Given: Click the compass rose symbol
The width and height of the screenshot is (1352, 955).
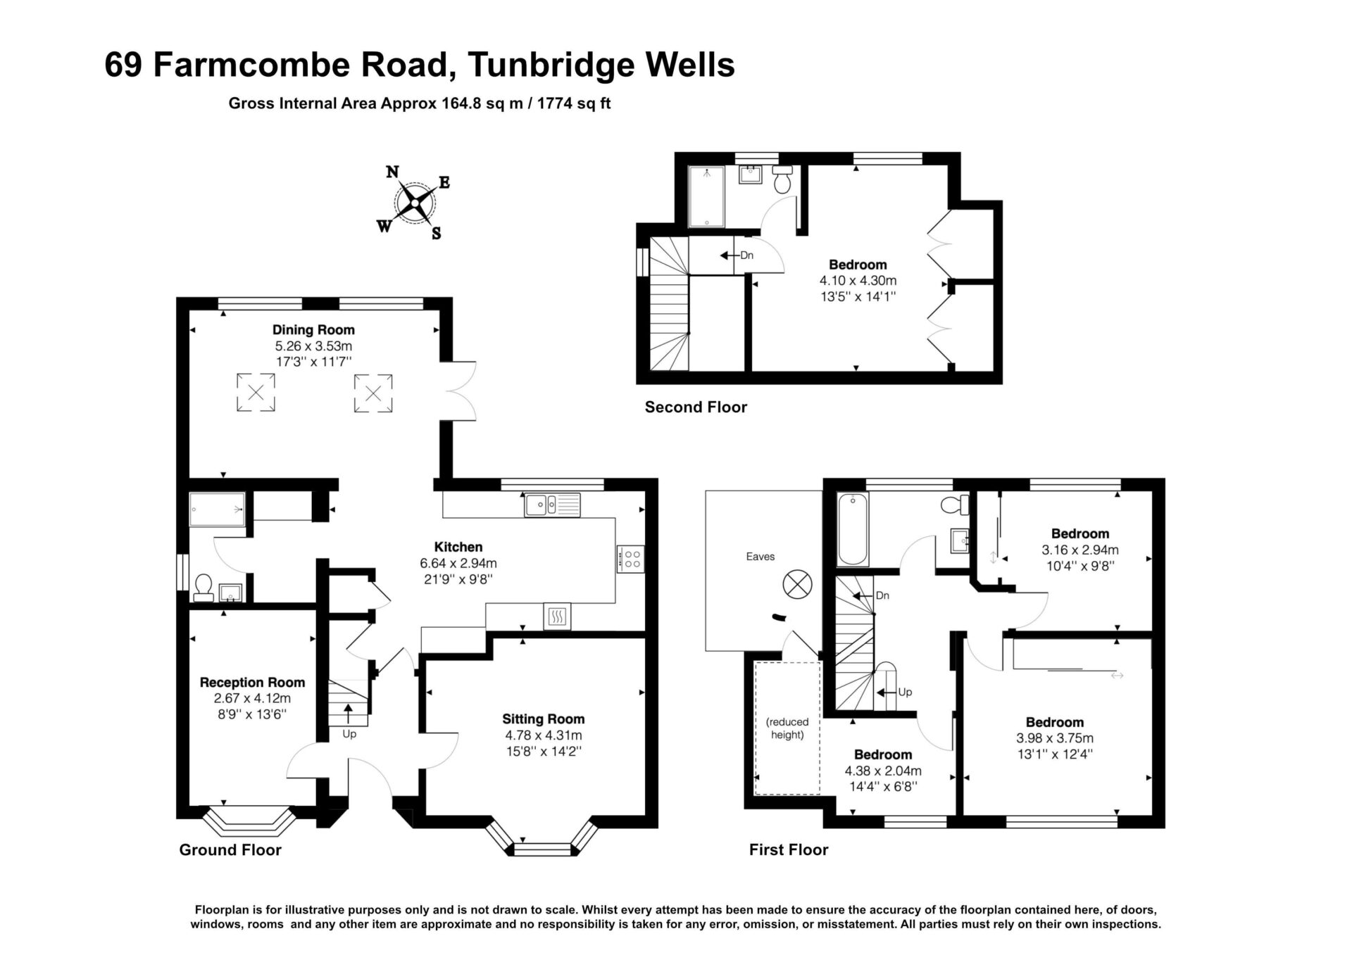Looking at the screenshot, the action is (415, 203).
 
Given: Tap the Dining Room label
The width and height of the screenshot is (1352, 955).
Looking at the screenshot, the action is (313, 329).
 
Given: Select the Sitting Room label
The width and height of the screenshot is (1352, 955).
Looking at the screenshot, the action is (543, 719).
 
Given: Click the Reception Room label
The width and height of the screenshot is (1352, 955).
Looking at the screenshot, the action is (252, 682).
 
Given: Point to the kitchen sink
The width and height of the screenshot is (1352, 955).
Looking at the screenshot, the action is (552, 505).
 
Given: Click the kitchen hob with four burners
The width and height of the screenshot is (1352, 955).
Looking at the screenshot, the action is (630, 559).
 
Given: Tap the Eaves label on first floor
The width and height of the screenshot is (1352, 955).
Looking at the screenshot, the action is (760, 556).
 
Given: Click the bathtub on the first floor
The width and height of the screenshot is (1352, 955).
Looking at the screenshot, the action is (853, 529).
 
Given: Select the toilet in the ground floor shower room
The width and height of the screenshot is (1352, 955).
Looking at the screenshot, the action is (204, 588).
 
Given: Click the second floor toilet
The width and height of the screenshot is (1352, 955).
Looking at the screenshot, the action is (782, 179).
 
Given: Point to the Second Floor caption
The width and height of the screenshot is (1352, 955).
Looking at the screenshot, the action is (696, 407).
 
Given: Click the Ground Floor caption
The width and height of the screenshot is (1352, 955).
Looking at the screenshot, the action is (230, 849).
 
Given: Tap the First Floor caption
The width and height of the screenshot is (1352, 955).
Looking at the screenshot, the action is (789, 849).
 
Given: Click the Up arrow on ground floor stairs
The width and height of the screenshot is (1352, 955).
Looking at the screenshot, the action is (349, 713).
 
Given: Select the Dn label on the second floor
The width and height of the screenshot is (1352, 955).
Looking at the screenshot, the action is (747, 255).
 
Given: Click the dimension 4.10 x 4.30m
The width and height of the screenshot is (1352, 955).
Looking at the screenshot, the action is (858, 280).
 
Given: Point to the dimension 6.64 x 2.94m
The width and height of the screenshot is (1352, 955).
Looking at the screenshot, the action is (458, 563).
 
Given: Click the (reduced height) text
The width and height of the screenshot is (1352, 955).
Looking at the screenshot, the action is (787, 728).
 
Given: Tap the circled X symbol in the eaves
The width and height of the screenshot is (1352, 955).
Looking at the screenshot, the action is (797, 584).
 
